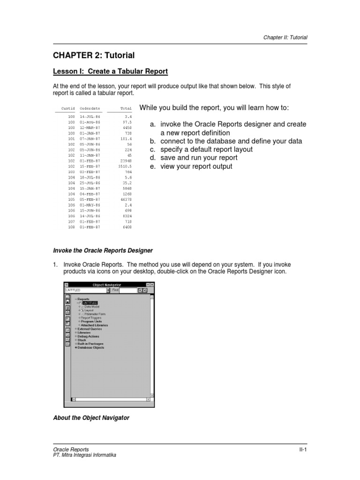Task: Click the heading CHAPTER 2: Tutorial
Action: pos(94,55)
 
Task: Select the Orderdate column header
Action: pos(90,109)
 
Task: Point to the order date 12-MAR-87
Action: pos(90,127)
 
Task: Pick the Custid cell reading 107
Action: pos(71,222)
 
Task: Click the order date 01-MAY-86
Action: pos(90,205)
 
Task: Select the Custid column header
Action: pos(68,109)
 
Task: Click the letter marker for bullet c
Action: pos(153,150)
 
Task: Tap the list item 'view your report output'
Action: pos(196,166)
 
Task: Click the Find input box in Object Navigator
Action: pos(128,290)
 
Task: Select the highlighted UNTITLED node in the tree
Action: pos(90,303)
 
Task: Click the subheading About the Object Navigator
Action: pos(91,418)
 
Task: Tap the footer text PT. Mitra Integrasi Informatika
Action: pos(84,455)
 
